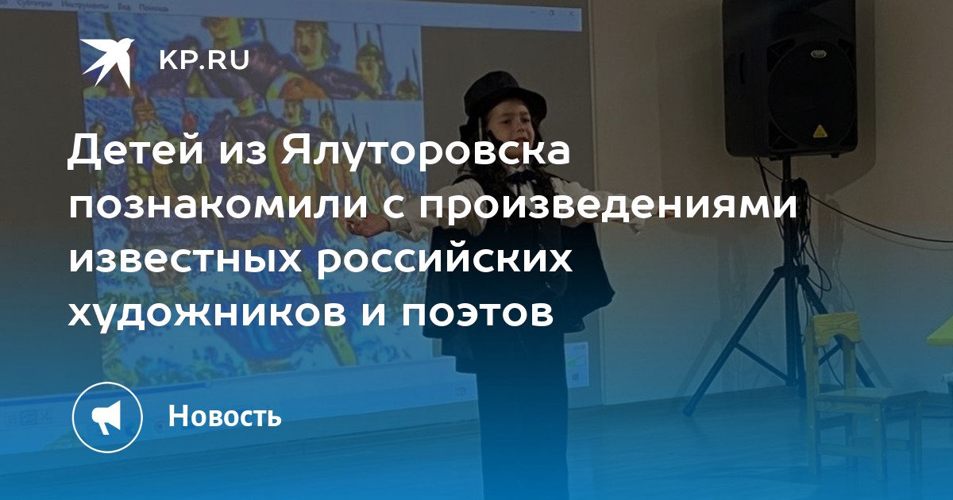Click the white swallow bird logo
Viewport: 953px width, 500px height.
(107, 62)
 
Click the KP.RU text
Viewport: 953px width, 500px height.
(204, 60)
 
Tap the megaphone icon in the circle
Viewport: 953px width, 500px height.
(106, 417)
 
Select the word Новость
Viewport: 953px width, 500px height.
(225, 416)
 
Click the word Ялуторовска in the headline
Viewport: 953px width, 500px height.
(425, 152)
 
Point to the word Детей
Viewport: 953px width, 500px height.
(135, 150)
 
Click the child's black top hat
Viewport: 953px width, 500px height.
(504, 97)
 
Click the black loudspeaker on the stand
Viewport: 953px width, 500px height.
(789, 78)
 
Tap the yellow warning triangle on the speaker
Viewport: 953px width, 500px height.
(820, 132)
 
